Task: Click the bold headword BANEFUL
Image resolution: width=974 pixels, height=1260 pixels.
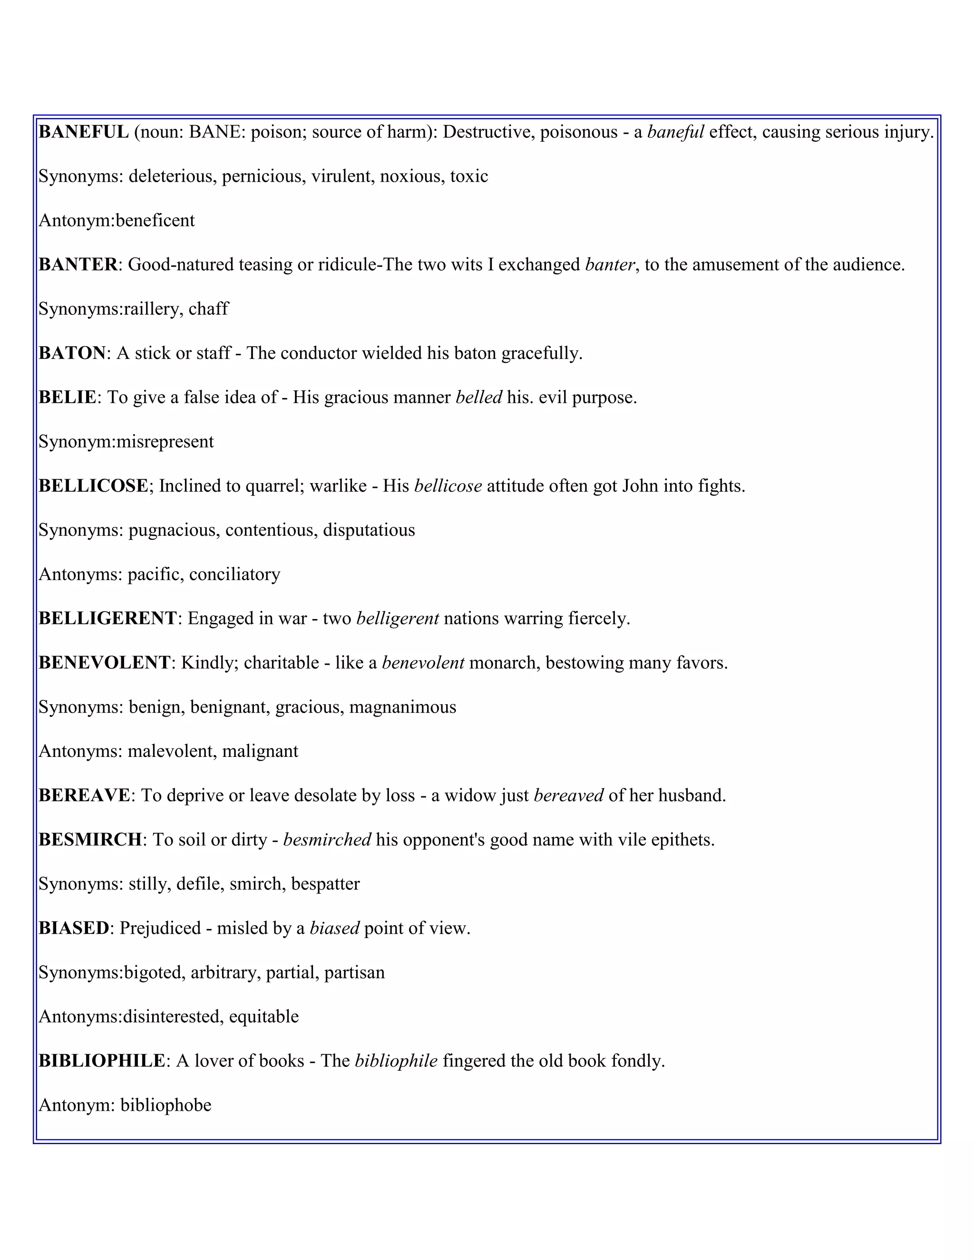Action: tap(84, 132)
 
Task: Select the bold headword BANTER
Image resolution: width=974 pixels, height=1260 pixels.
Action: tap(78, 265)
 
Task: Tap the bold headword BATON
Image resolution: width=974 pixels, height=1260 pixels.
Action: tap(72, 353)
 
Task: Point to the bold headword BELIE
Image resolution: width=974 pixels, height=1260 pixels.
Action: tap(67, 397)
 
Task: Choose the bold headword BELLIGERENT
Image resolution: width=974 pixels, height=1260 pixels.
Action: tap(107, 619)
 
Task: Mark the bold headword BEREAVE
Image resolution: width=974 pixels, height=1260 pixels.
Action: tap(84, 795)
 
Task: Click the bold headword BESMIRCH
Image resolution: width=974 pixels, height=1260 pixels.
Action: tap(90, 840)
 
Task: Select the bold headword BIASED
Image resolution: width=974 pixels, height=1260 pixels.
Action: tap(74, 928)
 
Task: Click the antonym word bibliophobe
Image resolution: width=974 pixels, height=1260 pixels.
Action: tap(166, 1105)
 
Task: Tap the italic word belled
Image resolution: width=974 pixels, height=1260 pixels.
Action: tap(478, 397)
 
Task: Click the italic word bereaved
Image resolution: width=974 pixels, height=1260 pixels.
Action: tap(568, 795)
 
